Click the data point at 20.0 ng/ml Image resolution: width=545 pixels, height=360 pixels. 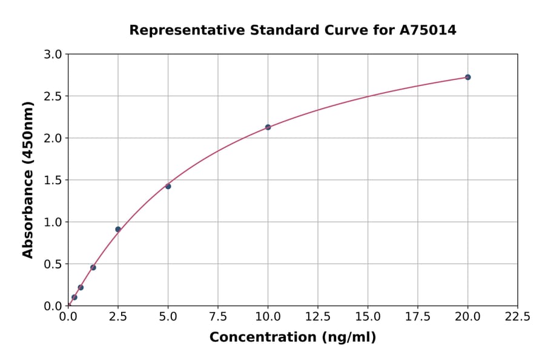coord(467,77)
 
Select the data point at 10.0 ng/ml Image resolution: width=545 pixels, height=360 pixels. coord(268,127)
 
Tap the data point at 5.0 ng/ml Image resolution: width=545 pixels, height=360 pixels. coord(168,186)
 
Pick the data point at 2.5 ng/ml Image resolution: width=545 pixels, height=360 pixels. coord(118,229)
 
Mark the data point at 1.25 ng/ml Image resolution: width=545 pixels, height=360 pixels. coord(93,267)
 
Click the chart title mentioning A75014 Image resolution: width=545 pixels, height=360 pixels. coord(292,30)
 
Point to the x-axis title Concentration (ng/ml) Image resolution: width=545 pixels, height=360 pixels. coord(292,338)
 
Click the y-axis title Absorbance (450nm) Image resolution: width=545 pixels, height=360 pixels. coord(28,179)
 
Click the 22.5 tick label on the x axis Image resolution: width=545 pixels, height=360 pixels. coord(517,317)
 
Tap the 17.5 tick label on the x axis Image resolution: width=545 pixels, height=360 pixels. coord(418,317)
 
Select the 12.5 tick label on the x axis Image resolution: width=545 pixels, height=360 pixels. coord(318,317)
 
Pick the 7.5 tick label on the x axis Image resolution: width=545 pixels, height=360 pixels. coord(218,317)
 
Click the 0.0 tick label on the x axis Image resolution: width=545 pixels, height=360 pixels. coord(68,317)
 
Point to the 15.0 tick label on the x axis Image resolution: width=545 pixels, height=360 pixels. coord(368,317)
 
